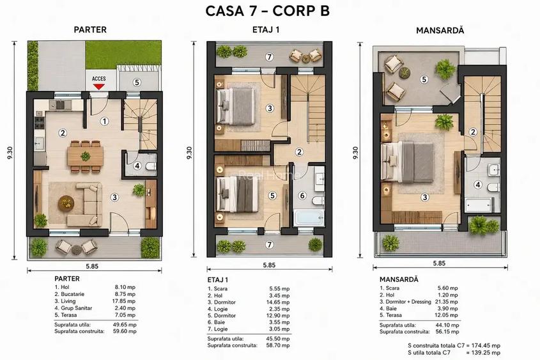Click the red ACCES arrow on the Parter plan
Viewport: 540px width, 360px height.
[x=98, y=86]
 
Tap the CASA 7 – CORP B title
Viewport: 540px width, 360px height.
[x=268, y=11]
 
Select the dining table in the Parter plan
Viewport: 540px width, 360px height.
[x=86, y=156]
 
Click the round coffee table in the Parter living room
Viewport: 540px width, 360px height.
[x=66, y=203]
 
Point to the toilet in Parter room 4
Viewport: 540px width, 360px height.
[x=151, y=167]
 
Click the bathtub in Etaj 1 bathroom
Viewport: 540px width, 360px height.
[x=309, y=217]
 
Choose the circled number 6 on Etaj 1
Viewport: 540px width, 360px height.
[x=302, y=196]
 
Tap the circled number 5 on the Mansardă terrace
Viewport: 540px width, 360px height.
[x=424, y=79]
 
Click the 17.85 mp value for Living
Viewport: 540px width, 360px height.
[x=125, y=301]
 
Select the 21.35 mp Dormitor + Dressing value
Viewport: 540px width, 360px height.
[x=447, y=302]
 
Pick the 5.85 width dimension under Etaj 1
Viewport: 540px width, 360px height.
[x=269, y=265]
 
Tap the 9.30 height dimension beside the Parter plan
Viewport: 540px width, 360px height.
[x=10, y=153]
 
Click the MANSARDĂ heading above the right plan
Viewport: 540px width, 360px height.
[x=440, y=30]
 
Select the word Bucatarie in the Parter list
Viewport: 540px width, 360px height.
[x=72, y=294]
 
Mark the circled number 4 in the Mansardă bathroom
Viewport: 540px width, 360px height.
[x=477, y=185]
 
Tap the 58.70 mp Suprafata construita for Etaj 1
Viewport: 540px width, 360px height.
[x=278, y=345]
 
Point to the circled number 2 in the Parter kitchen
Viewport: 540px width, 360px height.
[x=63, y=132]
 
